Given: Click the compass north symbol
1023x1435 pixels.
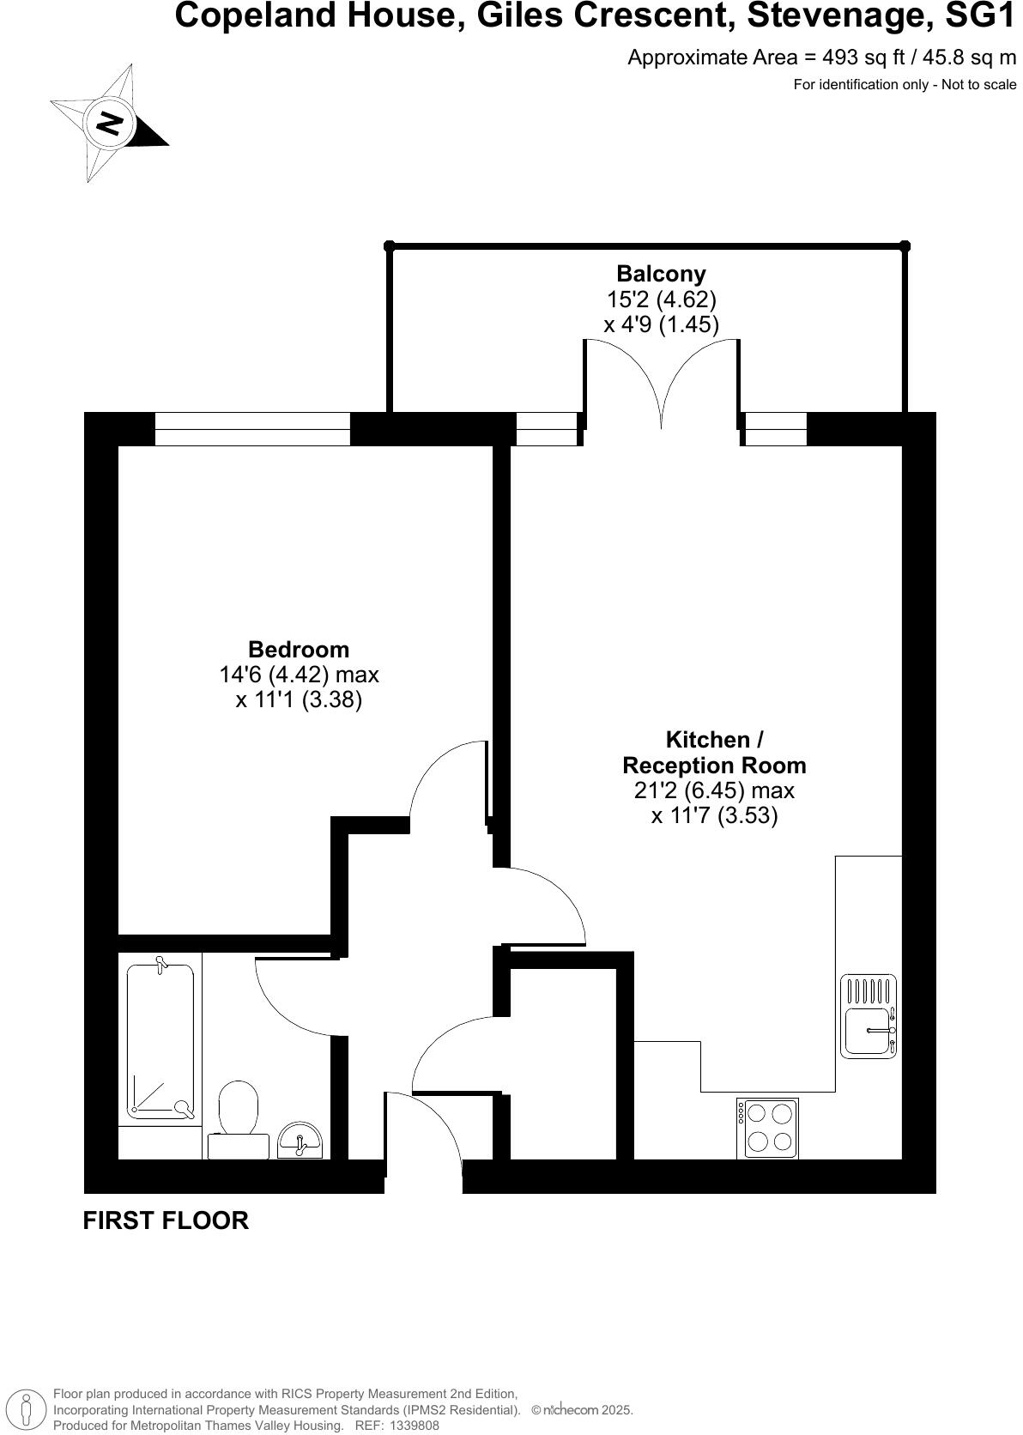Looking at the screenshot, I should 110,123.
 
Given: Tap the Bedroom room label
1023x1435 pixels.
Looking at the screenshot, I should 299,649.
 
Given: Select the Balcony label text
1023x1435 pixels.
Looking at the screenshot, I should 661,274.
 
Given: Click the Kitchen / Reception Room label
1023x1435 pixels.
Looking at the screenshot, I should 714,752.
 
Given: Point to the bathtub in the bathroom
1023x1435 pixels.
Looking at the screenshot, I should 160,1040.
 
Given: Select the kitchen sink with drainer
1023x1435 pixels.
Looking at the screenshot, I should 869,1017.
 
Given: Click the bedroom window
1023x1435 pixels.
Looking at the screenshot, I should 252,428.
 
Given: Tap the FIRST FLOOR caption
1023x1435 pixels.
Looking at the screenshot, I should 166,1220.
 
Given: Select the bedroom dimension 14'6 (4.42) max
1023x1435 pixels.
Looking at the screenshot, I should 299,675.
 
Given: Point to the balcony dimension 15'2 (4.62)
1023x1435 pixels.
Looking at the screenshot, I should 661,300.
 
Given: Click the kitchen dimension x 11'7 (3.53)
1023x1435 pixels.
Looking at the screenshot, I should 714,815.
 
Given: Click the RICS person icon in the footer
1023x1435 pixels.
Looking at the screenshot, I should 28,1409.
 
